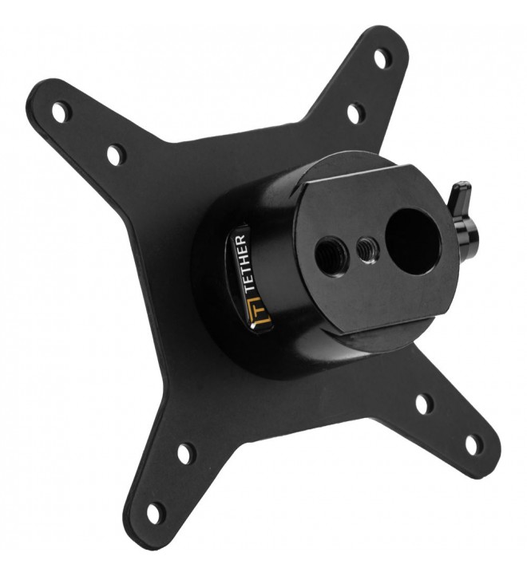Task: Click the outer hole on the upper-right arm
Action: point(382,57)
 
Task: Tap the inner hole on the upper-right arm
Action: point(355,113)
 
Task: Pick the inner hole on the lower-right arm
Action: point(424,404)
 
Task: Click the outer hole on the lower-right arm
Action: point(474,444)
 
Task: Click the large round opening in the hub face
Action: point(413,242)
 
